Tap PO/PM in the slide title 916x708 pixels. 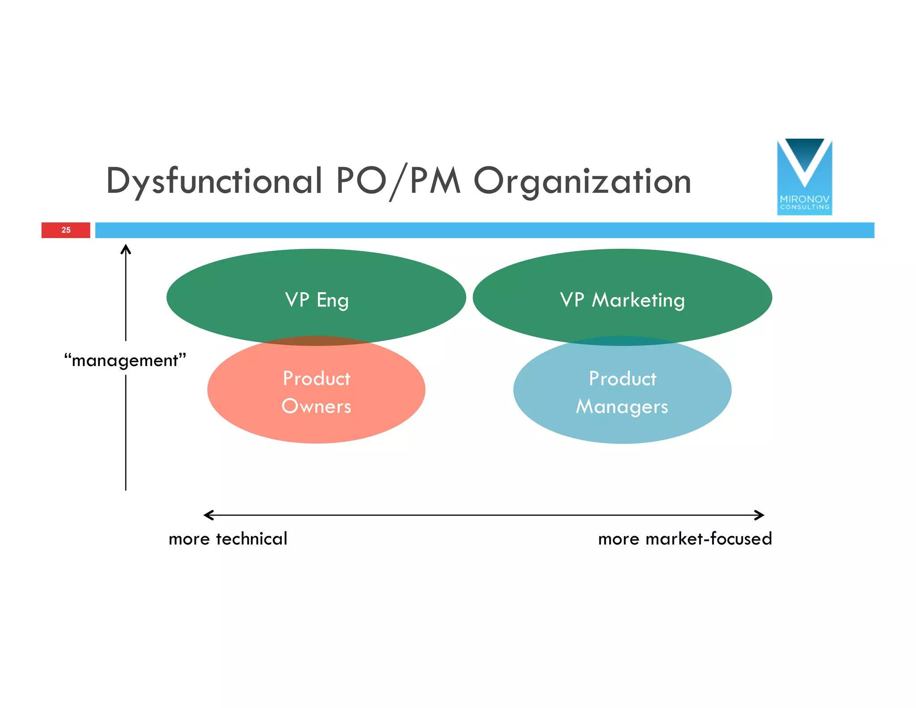tap(398, 182)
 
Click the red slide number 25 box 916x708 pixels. tap(66, 230)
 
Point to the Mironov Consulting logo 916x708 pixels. tap(804, 177)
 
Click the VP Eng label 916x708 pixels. tap(317, 300)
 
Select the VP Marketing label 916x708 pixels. tap(622, 300)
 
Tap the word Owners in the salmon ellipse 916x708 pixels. tap(316, 406)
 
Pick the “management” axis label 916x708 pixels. tap(125, 360)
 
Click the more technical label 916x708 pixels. tap(228, 539)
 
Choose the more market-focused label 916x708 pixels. tap(685, 539)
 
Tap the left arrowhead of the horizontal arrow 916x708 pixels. tap(208, 515)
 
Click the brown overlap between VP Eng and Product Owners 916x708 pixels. tap(317, 341)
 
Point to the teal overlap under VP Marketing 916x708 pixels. tap(622, 341)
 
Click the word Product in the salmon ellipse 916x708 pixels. tap(317, 379)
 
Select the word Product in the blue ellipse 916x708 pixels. tap(622, 379)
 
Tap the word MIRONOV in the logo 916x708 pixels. tap(804, 199)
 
